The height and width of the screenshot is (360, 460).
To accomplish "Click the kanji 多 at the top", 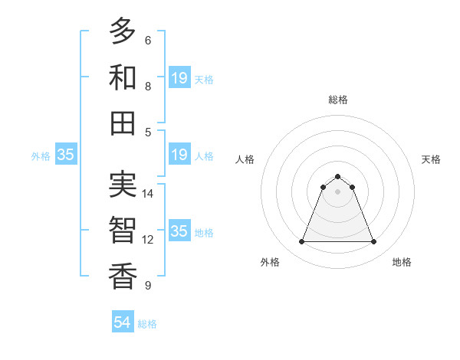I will coord(123,31).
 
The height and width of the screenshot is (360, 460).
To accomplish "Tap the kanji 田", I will coord(123,123).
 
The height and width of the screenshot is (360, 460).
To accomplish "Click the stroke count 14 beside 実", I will coord(148,194).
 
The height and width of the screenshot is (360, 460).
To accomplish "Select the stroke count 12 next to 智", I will coord(148,240).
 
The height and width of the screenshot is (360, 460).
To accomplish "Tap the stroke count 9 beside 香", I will coord(147,286).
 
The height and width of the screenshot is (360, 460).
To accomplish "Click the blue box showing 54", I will coord(123,322).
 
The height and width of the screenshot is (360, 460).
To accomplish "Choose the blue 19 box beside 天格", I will coord(179,78).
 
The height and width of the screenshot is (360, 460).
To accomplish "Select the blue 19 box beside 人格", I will coord(179,155).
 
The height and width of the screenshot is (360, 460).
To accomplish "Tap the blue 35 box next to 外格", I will coord(65,155).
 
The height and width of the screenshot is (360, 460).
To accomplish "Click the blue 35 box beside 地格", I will coord(179,231).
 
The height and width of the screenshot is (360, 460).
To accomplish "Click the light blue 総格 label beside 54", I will coord(147,324).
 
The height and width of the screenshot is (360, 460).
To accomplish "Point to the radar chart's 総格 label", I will coord(337,100).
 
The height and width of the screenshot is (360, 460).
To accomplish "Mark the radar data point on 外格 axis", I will coord(301,242).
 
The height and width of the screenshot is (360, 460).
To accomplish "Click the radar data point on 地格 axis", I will coord(374,242).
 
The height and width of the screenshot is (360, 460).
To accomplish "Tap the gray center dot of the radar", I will coord(337,191).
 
